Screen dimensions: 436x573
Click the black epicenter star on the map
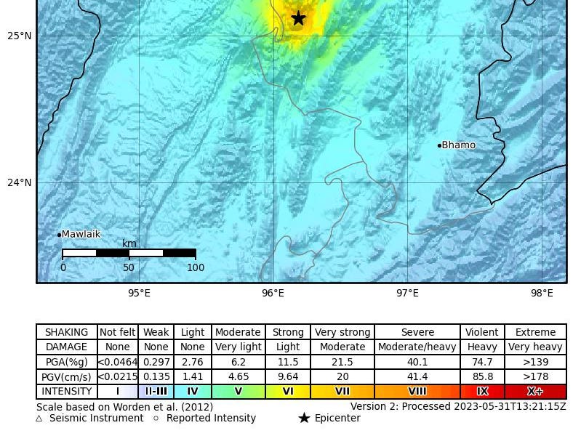click(x=298, y=18)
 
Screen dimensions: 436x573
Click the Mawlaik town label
click(x=81, y=234)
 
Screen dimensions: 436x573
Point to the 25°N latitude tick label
click(x=20, y=36)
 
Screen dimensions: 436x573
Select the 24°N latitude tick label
click(x=20, y=182)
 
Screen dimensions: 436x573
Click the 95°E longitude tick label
click(x=139, y=293)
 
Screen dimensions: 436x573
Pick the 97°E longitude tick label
click(x=407, y=293)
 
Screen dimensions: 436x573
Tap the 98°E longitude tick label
click(x=542, y=293)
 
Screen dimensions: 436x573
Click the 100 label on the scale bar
click(x=196, y=267)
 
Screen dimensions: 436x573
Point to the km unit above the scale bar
click(x=129, y=244)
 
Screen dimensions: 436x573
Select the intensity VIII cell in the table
click(x=417, y=391)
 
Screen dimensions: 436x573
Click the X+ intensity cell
click(x=535, y=391)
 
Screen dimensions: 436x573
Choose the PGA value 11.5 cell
click(x=288, y=362)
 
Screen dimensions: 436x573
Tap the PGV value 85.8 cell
click(x=482, y=376)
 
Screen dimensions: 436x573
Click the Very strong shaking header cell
click(x=342, y=332)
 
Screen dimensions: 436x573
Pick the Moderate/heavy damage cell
click(x=417, y=347)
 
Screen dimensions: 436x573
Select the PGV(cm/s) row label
click(x=67, y=376)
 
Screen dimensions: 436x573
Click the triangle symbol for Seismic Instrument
click(x=39, y=419)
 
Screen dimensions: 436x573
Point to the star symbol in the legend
click(x=304, y=418)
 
